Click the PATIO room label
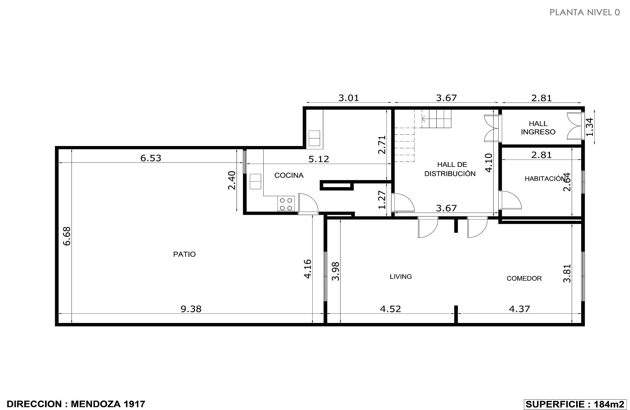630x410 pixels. [184, 254]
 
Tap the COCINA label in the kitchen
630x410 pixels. [289, 175]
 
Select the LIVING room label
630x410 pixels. [401, 277]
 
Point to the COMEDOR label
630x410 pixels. [524, 278]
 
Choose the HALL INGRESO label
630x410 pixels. [538, 128]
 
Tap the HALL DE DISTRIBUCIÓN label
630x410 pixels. [450, 169]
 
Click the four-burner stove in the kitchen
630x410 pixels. [286, 204]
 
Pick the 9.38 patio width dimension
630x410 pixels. [191, 309]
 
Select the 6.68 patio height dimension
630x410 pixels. [67, 236]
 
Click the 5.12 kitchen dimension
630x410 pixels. [319, 159]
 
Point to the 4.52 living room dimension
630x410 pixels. [391, 309]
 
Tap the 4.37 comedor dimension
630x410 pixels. [519, 309]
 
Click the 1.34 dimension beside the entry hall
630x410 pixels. [590, 127]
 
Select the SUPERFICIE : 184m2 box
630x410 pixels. [575, 404]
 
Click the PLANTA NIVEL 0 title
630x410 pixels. [585, 12]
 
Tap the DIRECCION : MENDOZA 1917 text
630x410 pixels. [76, 404]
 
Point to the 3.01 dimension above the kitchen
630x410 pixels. [349, 98]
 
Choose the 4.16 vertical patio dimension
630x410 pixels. [308, 269]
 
